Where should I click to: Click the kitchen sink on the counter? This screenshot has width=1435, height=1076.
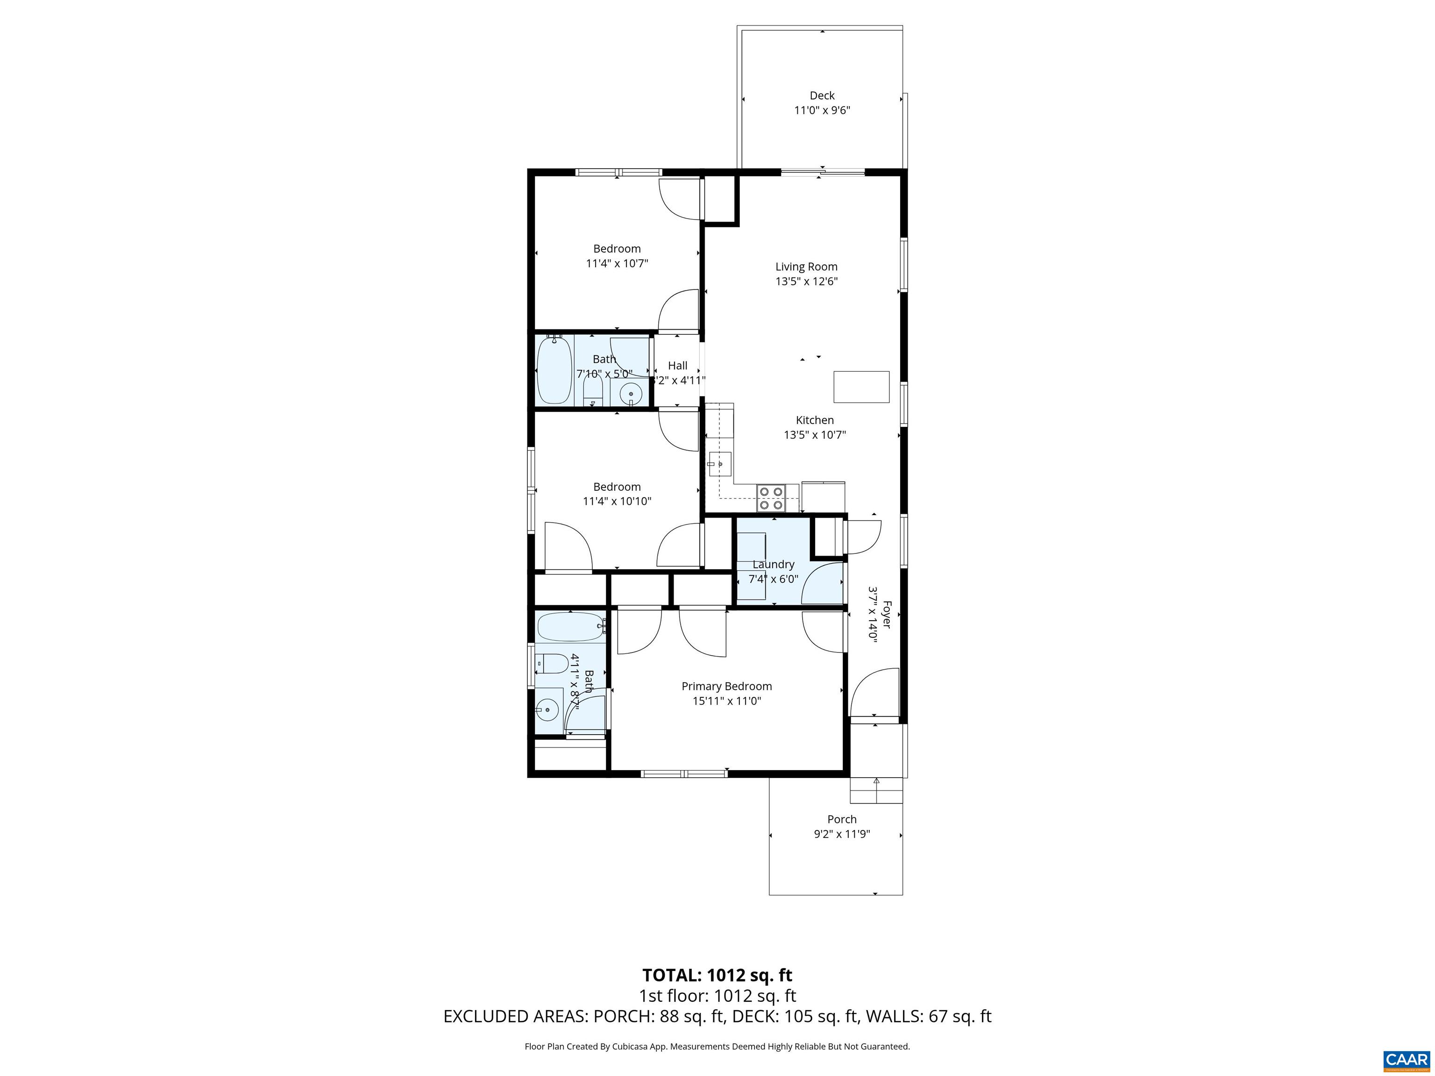point(719,464)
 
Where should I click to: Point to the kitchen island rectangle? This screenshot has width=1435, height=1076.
point(861,387)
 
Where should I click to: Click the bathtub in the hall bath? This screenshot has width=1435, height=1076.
point(554,370)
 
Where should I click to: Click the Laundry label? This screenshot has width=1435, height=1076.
point(773,564)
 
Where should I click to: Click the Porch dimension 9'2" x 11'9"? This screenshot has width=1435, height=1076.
point(841,834)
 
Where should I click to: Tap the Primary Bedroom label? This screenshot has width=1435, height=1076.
point(726,686)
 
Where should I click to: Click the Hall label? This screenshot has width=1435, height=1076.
point(677,366)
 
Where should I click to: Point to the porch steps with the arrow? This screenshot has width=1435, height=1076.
point(876,790)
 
